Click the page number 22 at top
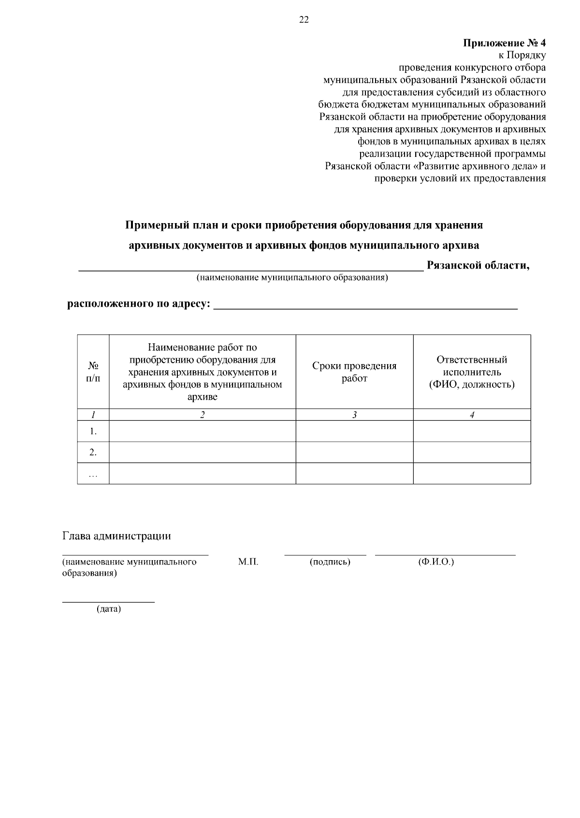304,20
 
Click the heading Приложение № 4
505,43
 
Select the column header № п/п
93,372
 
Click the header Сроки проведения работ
354,372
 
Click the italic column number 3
354,415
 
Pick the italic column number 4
472,415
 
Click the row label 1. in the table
93,431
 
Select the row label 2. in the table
93,452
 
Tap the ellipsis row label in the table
93,474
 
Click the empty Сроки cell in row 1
354,431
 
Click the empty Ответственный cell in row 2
472,452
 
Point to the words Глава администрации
116,536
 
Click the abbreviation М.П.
248,562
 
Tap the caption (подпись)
330,562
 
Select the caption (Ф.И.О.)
436,562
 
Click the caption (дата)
109,609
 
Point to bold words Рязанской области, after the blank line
478,265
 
